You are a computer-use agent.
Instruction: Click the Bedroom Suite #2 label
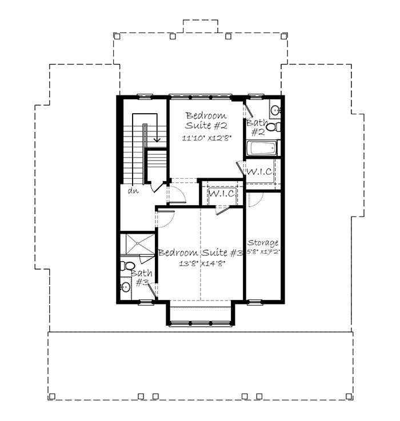click(206, 121)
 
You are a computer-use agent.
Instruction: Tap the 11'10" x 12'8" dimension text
click(207, 138)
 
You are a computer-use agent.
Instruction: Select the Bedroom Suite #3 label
click(201, 252)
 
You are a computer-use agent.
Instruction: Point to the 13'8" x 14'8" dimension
click(202, 264)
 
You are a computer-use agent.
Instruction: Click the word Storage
click(263, 243)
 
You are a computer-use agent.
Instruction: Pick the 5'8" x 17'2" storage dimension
click(263, 252)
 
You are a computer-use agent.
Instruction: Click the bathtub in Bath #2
click(262, 148)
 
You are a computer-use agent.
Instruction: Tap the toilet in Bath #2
click(274, 127)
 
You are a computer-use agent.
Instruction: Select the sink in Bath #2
click(275, 110)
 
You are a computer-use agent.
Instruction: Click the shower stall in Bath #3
click(138, 244)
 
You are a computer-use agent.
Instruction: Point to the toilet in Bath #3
click(127, 266)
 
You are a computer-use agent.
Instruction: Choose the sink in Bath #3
click(126, 287)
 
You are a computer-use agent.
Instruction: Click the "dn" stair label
click(133, 191)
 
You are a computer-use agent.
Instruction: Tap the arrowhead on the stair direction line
click(157, 139)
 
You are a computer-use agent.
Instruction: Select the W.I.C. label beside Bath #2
click(260, 171)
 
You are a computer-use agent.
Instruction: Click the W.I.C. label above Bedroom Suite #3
click(222, 193)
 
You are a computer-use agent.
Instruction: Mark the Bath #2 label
click(257, 127)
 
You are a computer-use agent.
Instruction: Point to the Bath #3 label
click(142, 278)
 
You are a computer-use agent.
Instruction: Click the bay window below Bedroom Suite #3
click(201, 323)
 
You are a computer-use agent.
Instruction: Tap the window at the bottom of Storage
click(254, 302)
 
